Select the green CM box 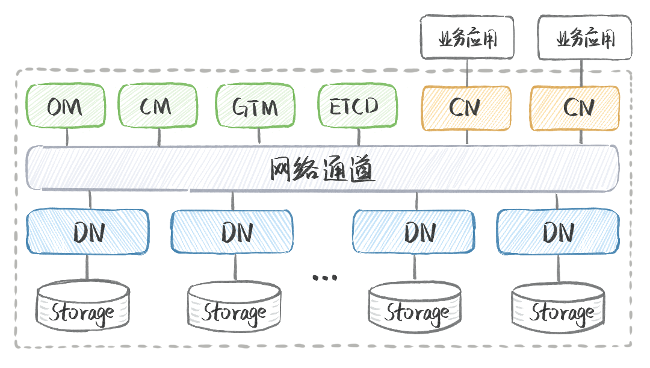[x=157, y=107]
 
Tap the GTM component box [x=256, y=107]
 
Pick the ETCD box [x=357, y=107]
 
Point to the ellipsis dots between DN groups [x=325, y=277]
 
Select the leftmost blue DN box [x=87, y=232]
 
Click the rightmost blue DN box [x=558, y=232]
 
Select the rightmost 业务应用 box [x=585, y=39]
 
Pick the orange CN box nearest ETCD [x=466, y=108]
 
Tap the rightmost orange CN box [x=575, y=108]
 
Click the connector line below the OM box [x=67, y=137]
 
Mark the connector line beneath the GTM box [x=258, y=137]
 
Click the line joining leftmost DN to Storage [x=87, y=267]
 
